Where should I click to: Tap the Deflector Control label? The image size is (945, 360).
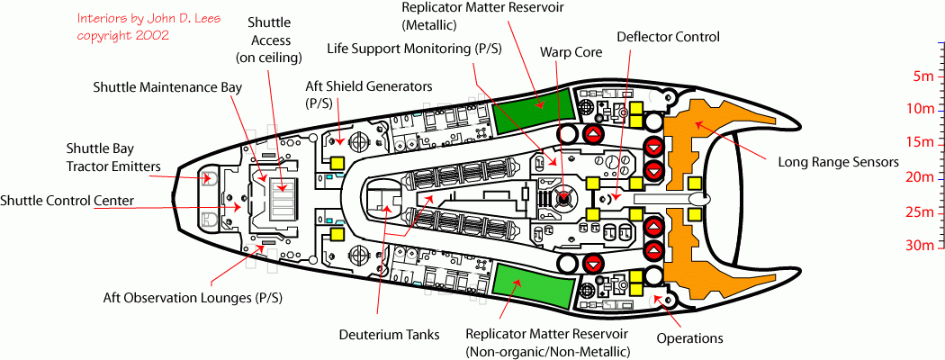[x=668, y=37]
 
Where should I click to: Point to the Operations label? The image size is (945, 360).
[x=690, y=338]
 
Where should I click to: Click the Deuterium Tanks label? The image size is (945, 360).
[x=389, y=335]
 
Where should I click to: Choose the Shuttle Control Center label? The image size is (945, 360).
[x=67, y=200]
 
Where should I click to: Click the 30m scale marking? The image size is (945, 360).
[x=917, y=245]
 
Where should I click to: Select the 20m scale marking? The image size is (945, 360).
[x=917, y=177]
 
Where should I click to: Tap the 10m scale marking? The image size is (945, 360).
[x=917, y=109]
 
